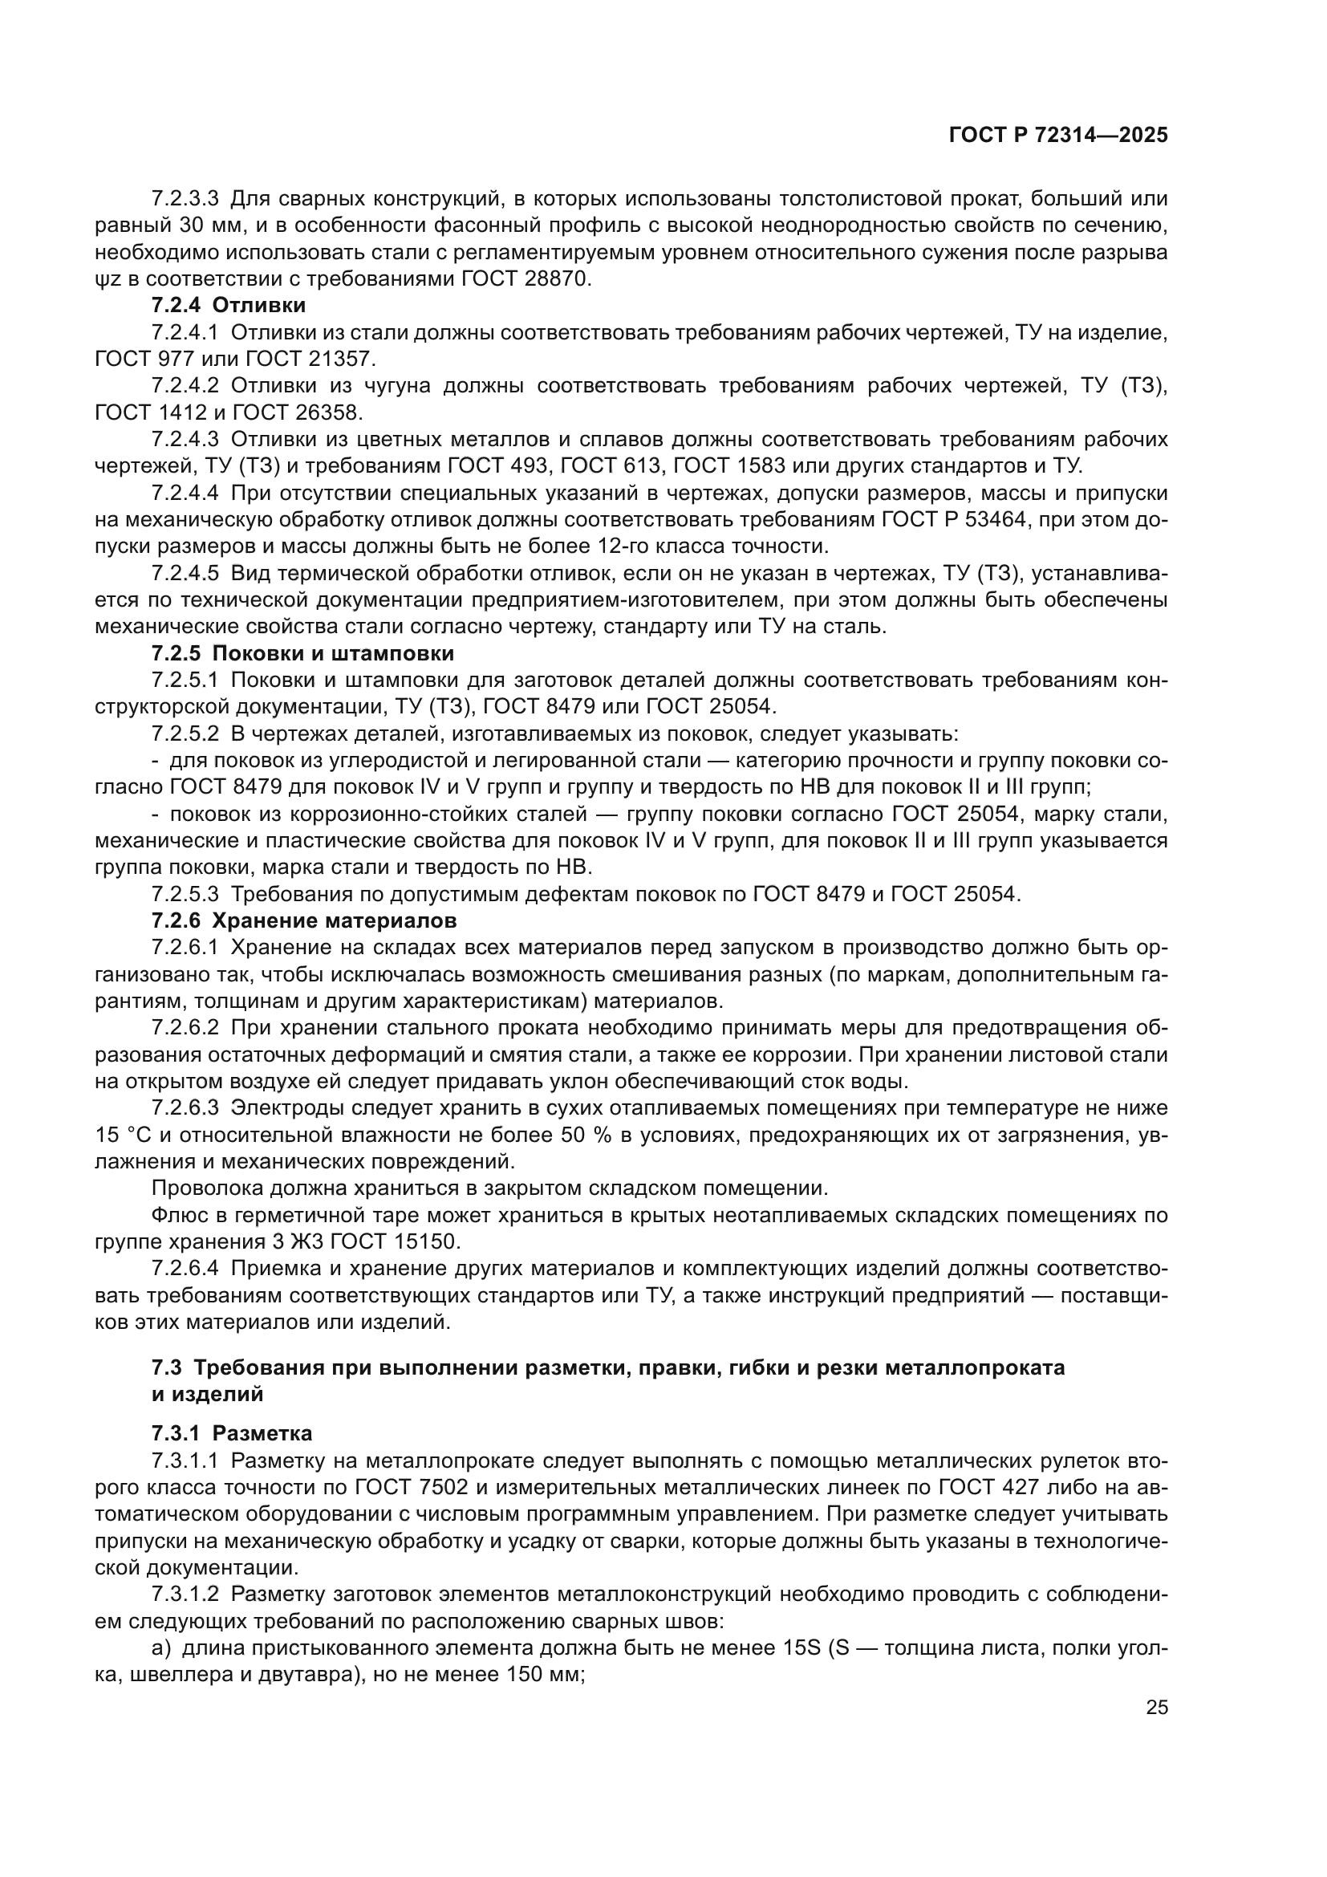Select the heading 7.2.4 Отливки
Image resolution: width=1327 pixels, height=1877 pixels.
(229, 306)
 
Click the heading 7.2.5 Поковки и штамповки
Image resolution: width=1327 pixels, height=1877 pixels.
(302, 653)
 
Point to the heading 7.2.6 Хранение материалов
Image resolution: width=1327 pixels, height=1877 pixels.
(304, 920)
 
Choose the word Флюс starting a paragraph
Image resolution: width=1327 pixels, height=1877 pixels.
(176, 1216)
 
